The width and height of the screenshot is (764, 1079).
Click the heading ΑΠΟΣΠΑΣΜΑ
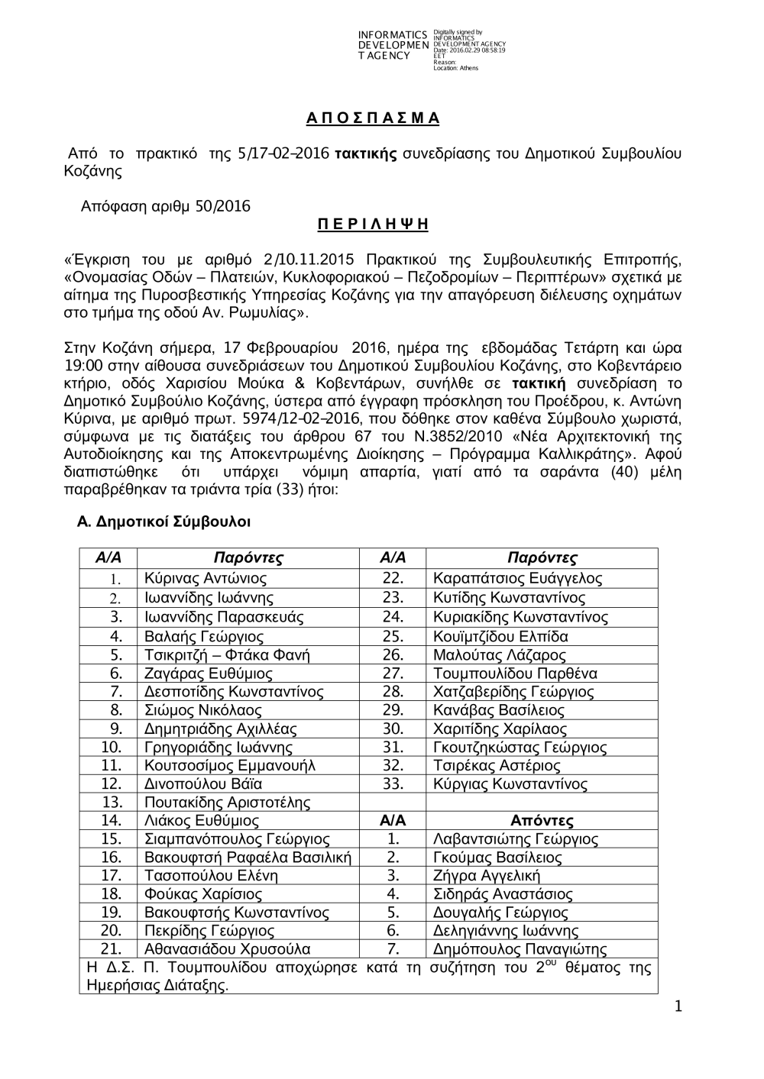coord(373,118)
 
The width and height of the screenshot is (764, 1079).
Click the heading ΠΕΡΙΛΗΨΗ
coord(373,225)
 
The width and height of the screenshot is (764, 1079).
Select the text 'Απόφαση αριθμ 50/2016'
coord(166,206)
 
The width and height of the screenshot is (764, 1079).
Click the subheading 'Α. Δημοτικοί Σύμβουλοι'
coord(164,522)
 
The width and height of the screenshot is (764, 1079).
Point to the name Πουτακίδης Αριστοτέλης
coord(227,803)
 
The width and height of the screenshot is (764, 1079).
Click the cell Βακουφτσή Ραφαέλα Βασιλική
coord(248,858)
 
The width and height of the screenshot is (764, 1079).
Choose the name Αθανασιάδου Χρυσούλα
coord(227,949)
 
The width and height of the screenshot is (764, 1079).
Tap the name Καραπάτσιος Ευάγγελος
coord(517,579)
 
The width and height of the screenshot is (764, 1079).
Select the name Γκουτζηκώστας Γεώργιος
coord(520,748)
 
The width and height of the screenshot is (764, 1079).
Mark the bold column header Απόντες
coord(542,821)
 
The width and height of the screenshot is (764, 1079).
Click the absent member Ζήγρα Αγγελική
coord(487,876)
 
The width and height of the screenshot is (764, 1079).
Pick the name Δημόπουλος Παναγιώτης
coord(520,950)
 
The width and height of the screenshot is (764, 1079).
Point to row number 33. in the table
coord(393,784)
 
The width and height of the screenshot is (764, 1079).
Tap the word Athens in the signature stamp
coord(468,69)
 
